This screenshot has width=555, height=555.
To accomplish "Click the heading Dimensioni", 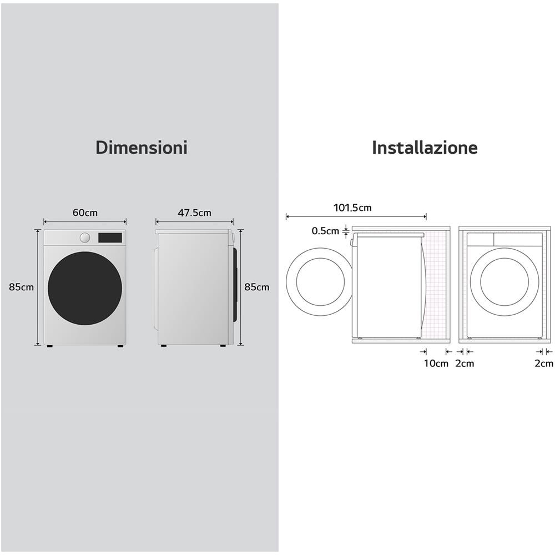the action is pos(142,147).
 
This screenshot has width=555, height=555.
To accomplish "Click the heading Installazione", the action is pos(425,147).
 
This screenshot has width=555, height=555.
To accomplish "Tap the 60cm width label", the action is pos(85,213).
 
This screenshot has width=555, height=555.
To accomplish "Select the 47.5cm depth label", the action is pos(194,213).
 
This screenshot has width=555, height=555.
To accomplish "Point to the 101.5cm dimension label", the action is pos(352,208).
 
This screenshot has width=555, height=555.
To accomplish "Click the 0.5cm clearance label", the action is pos(325,231).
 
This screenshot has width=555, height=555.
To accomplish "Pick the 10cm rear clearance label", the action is pos(436,363).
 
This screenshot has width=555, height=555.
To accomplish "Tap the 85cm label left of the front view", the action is pos(21,287).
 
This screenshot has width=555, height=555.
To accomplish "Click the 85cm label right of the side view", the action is pos(256,287).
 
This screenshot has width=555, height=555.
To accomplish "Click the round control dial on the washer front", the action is pos(84,238).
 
